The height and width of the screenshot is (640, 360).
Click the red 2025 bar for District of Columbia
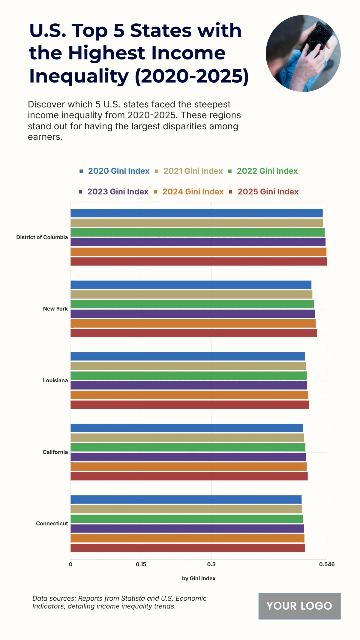pos(199,261)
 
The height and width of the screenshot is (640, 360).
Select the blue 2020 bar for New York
pos(191,285)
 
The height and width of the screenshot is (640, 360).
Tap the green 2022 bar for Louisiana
pos(188,376)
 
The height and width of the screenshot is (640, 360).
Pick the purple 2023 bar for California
pos(188,457)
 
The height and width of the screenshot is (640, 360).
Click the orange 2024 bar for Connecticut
pos(187,538)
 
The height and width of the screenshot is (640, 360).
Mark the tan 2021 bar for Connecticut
pos(186,509)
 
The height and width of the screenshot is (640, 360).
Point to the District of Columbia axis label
pos(42,237)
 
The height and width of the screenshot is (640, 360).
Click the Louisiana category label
pos(55,380)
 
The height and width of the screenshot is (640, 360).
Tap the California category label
pos(55,452)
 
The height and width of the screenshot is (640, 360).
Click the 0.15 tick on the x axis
pos(141,564)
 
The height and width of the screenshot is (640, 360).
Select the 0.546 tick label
pos(327,564)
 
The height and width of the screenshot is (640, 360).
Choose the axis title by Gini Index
pos(199,578)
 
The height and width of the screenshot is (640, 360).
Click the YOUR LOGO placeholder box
pos(299,606)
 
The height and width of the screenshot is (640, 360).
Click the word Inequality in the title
pos(79,76)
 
